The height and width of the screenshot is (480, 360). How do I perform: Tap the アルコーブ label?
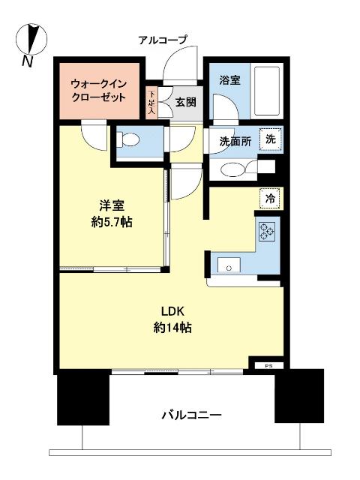(x=163, y=39)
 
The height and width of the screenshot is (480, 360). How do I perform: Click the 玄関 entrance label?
(x=186, y=103)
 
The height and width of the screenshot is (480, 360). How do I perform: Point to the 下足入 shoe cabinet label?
(x=151, y=103)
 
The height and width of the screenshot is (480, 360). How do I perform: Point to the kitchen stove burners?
(x=268, y=232)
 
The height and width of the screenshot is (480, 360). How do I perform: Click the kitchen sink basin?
(x=227, y=264)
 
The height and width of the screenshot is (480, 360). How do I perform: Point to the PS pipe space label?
(x=268, y=365)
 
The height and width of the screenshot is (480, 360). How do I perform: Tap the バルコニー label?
(x=192, y=415)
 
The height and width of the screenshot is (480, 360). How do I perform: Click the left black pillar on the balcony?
(x=79, y=398)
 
